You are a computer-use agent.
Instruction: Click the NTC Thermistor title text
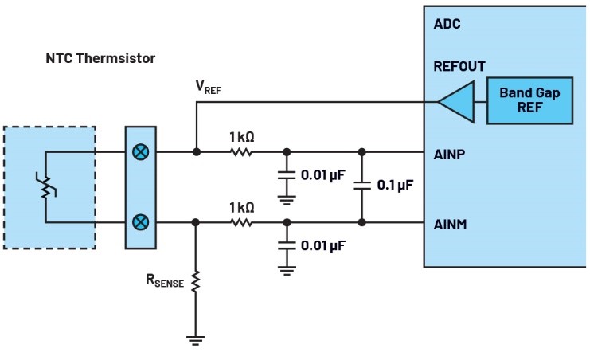pyautogui.click(x=100, y=59)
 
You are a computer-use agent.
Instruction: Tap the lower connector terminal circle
pyautogui.click(x=140, y=221)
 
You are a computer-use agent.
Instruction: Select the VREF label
pyautogui.click(x=209, y=88)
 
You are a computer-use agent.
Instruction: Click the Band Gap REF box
pyautogui.click(x=529, y=100)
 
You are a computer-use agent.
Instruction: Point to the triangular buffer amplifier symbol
pyautogui.click(x=454, y=101)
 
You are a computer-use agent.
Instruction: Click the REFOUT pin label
pyautogui.click(x=459, y=67)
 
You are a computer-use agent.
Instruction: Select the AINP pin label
pyautogui.click(x=450, y=154)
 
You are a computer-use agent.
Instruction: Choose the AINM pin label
pyautogui.click(x=451, y=225)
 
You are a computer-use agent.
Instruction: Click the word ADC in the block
pyautogui.click(x=447, y=23)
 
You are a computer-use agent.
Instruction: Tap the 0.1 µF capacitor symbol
pyautogui.click(x=362, y=185)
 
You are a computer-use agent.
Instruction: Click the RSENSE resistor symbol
pyautogui.click(x=195, y=281)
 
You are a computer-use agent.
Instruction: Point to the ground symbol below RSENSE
pyautogui.click(x=195, y=339)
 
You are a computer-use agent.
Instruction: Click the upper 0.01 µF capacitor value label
pyautogui.click(x=323, y=174)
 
